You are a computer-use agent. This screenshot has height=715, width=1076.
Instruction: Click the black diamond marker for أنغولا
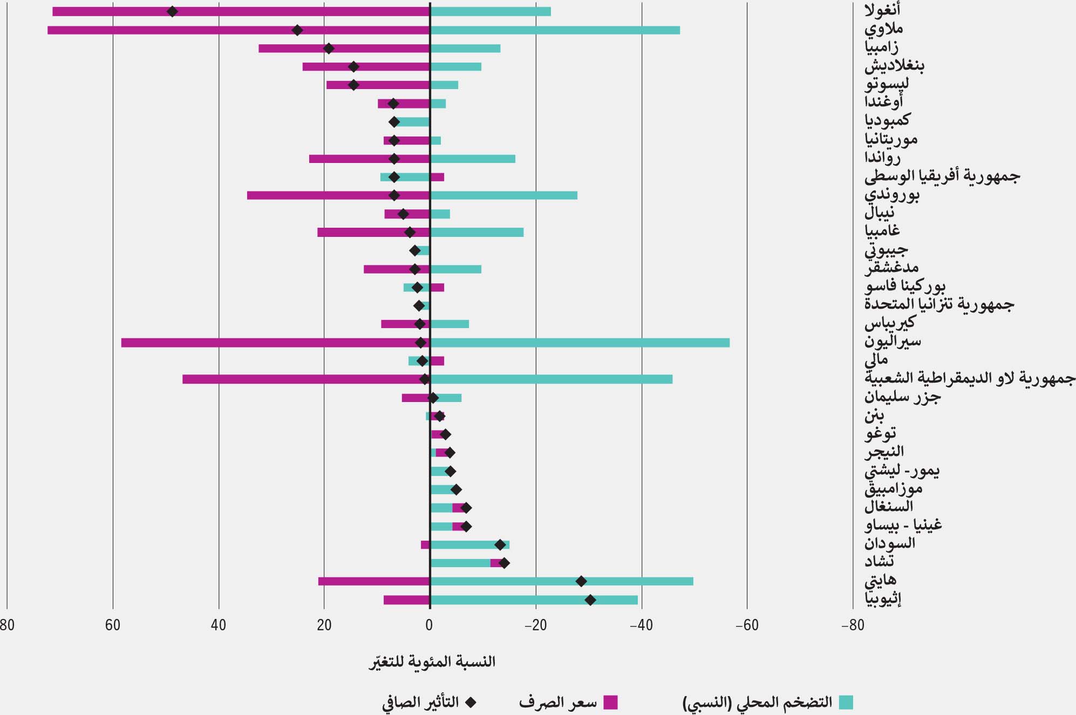[172, 12]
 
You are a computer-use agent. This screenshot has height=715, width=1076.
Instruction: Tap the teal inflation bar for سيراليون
[580, 343]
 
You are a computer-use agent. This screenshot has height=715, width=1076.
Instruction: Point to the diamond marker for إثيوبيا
[590, 600]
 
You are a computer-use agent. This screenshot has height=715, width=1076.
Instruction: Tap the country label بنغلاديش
[894, 66]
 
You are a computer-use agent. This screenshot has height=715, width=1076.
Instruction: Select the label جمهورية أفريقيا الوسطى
[942, 176]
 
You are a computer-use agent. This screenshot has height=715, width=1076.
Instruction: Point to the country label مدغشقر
[891, 268]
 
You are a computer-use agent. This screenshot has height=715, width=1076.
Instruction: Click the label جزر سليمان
[902, 397]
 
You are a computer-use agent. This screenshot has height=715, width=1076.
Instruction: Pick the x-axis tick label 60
[113, 625]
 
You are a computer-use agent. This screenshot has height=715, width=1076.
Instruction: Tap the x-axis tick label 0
[430, 625]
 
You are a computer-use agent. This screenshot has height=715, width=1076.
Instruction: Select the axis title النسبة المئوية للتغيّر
[432, 662]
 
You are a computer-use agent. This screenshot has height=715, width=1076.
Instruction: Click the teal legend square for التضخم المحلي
[847, 703]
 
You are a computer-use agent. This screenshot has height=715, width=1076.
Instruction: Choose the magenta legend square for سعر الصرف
[610, 703]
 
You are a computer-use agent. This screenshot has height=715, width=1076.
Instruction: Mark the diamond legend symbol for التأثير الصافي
[471, 703]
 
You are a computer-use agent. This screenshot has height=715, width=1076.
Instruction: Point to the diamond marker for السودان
[500, 544]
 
